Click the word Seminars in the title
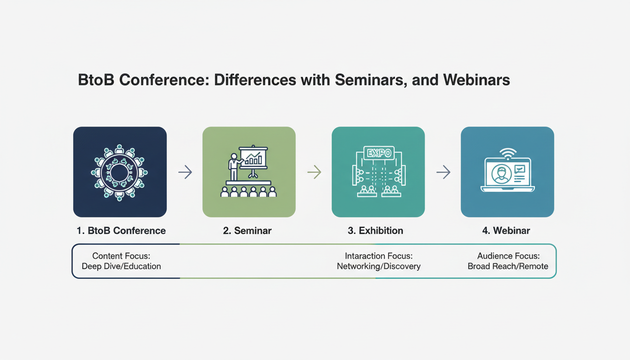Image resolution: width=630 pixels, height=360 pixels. [371, 80]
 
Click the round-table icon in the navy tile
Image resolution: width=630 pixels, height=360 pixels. [120, 172]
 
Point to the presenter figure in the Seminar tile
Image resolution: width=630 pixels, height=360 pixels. [234, 167]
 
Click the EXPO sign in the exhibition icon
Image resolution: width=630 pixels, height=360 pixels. [379, 153]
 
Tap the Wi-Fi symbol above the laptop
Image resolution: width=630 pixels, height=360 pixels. [508, 154]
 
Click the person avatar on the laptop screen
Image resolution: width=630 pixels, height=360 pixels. [501, 174]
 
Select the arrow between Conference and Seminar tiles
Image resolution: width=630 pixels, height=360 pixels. [185, 172]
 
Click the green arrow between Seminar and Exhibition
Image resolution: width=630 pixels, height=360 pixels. [315, 172]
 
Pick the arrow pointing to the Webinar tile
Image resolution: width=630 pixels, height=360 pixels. [443, 172]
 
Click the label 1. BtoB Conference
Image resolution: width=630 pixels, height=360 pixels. [121, 231]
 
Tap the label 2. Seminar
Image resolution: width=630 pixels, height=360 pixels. [247, 231]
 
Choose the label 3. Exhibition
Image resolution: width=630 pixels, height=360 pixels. [375, 231]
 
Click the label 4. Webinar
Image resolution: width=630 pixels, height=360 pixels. [506, 231]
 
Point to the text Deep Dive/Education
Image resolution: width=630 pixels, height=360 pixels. [121, 266]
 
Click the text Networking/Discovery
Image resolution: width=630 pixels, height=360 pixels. [379, 266]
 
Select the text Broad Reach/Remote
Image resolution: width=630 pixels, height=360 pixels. [508, 266]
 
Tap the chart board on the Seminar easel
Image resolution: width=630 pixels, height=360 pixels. [253, 157]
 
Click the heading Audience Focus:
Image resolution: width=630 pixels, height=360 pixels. [509, 256]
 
